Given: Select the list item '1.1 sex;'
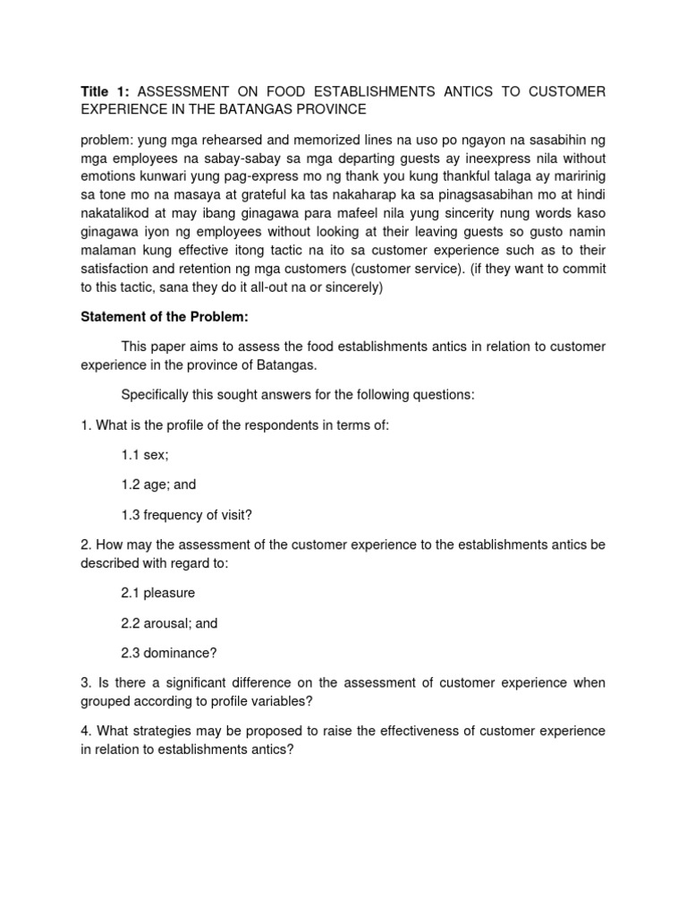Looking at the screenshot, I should pos(145,456).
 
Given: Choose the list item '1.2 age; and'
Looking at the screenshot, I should pos(158,484).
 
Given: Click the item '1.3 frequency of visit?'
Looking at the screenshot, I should pos(184,514).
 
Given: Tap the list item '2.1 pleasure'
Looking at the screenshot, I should pos(158,593).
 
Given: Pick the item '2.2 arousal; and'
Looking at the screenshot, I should pos(169,622).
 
